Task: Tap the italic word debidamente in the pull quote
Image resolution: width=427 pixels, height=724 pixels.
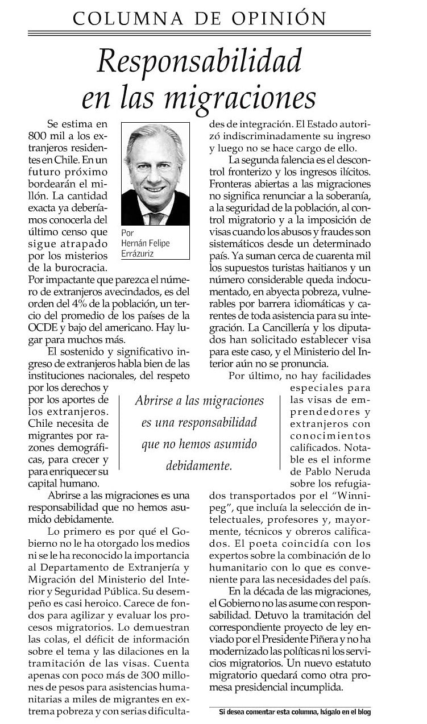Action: click(x=198, y=465)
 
